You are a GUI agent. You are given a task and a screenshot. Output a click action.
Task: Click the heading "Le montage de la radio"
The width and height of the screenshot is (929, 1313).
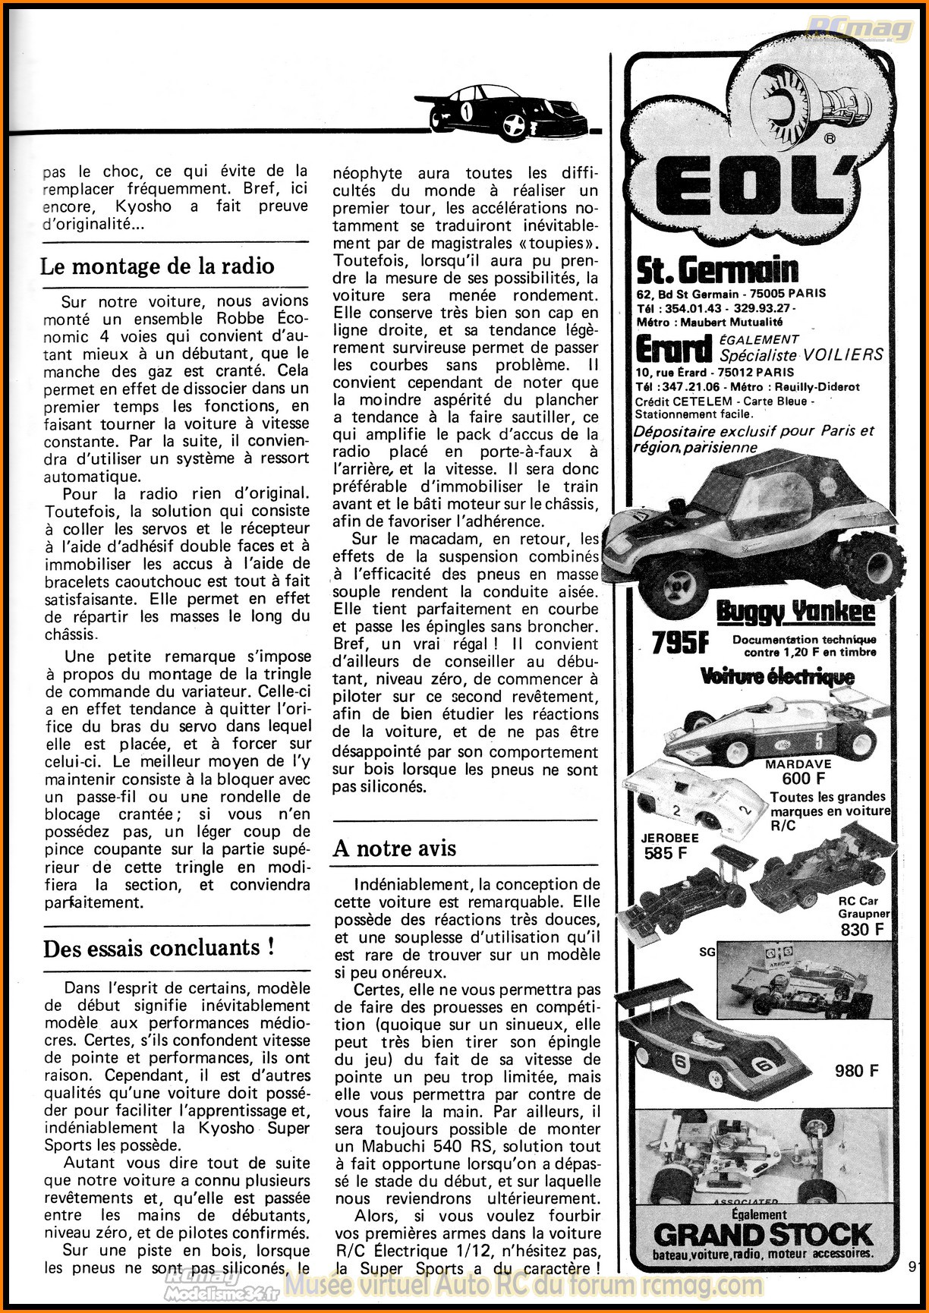coord(157,266)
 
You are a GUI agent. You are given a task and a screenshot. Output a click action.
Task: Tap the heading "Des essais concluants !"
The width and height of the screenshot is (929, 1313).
coord(159,949)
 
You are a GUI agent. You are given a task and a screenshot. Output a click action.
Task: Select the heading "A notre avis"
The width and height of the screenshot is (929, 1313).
coord(395,848)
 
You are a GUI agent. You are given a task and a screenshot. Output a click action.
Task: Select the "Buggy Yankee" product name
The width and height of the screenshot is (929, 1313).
coord(796,612)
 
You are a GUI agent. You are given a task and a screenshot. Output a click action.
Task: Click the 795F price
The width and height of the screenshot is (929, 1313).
coord(680,643)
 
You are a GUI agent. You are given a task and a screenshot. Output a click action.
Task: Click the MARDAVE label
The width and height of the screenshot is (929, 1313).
coord(798,764)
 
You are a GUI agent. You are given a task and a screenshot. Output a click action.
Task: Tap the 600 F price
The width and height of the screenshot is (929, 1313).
coord(804,779)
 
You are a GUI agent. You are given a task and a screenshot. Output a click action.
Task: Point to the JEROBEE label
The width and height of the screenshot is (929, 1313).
coord(669,838)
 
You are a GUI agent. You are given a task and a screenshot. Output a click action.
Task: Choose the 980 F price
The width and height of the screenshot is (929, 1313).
coord(857,1071)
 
